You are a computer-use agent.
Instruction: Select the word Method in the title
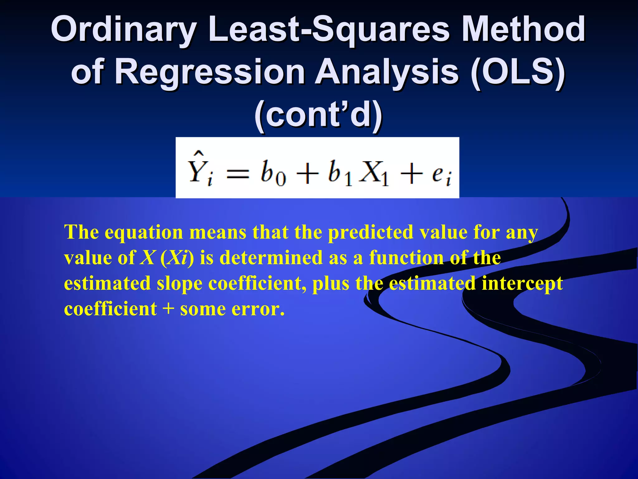(x=523, y=30)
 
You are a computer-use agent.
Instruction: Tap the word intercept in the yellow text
(x=522, y=284)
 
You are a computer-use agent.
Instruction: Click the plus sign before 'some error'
(x=168, y=310)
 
